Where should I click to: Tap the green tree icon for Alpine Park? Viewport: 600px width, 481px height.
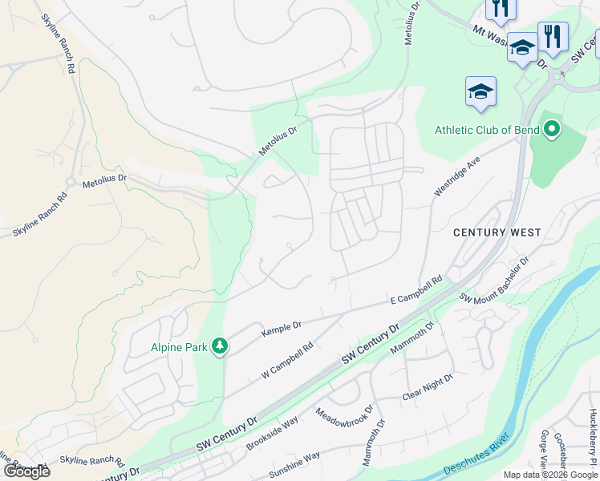pyautogui.click(x=219, y=346)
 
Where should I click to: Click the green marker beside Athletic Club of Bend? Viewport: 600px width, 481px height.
pyautogui.click(x=552, y=129)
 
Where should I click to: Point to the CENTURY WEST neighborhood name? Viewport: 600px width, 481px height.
pyautogui.click(x=497, y=232)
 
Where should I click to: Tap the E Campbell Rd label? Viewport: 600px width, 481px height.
pyautogui.click(x=416, y=290)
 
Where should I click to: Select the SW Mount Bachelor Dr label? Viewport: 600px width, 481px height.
pyautogui.click(x=494, y=278)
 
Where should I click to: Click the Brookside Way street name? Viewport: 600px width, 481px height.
pyautogui.click(x=273, y=433)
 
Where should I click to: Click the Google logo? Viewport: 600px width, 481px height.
pyautogui.click(x=26, y=471)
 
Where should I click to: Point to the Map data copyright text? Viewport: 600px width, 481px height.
pyautogui.click(x=550, y=475)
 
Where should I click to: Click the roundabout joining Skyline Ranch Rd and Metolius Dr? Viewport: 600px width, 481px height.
pyautogui.click(x=71, y=182)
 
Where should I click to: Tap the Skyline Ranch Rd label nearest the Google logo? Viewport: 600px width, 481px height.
pyautogui.click(x=91, y=462)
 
